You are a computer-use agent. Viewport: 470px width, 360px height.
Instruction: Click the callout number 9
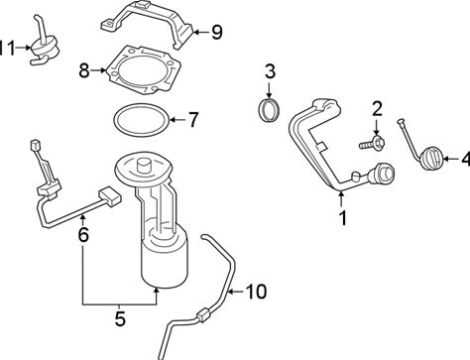[x=217, y=33]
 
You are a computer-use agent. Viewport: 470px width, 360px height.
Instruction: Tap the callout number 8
[x=84, y=70]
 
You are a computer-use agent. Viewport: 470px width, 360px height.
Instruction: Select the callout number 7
[x=193, y=119]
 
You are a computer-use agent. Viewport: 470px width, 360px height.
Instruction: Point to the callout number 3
[x=271, y=71]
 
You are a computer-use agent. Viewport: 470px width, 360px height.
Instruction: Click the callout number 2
[x=377, y=109]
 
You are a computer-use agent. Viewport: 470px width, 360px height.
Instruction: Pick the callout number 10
[x=256, y=292]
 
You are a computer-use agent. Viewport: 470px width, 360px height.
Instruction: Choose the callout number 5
[x=120, y=319]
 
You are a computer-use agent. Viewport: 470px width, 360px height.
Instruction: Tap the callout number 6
[x=83, y=234]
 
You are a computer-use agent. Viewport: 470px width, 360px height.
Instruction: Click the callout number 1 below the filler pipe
[x=343, y=218]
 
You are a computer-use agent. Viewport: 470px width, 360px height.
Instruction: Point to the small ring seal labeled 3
[x=270, y=110]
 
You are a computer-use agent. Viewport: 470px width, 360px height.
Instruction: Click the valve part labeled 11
[x=45, y=47]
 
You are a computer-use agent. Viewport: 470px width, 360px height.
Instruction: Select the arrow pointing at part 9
[x=200, y=33]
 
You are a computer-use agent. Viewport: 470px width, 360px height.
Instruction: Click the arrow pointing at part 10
[x=236, y=292]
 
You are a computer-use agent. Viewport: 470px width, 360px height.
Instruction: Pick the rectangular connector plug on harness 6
[x=110, y=197]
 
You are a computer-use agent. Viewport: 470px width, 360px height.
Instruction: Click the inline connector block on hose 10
[x=204, y=314]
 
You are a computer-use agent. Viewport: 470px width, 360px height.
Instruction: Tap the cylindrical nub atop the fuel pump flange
[x=145, y=165]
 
